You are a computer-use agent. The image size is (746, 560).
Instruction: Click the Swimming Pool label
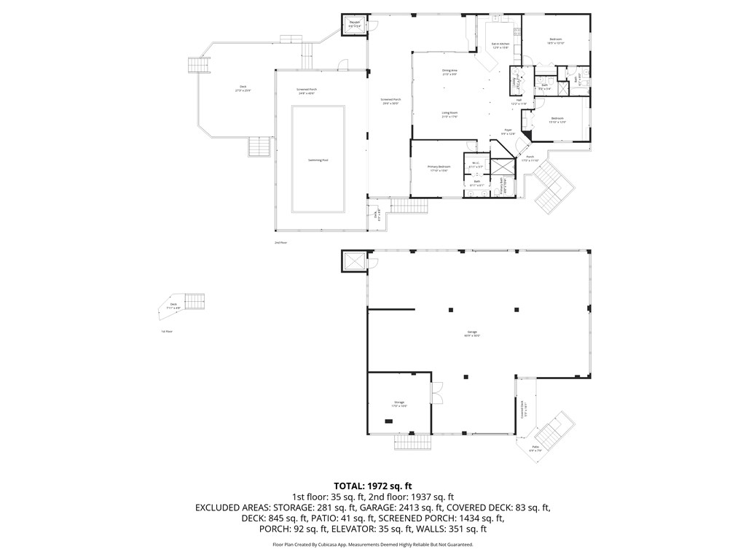coord(318,160)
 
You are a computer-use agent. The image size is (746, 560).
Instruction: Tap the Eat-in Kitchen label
coord(499,45)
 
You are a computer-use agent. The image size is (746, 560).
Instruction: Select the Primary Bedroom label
coord(439,168)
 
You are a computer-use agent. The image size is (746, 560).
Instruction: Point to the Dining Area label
coord(449,71)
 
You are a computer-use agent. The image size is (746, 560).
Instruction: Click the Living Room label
coord(449,114)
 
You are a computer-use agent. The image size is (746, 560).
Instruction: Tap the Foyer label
coord(509,132)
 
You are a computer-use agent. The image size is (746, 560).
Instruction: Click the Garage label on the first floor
coord(472,333)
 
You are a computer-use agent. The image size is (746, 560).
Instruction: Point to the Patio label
coord(535,448)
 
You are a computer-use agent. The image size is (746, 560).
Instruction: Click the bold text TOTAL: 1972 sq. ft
coord(373,486)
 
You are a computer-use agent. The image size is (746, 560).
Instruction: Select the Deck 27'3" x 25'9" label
coord(243,88)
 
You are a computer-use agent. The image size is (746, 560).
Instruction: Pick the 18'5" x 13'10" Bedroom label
coord(556,41)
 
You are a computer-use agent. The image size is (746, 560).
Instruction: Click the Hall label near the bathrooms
coord(519,103)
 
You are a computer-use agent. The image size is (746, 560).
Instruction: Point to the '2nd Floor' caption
coord(280,242)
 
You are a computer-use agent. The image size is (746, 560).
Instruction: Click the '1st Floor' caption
coord(167,331)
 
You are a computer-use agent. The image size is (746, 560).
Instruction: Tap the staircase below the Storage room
coord(413,441)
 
